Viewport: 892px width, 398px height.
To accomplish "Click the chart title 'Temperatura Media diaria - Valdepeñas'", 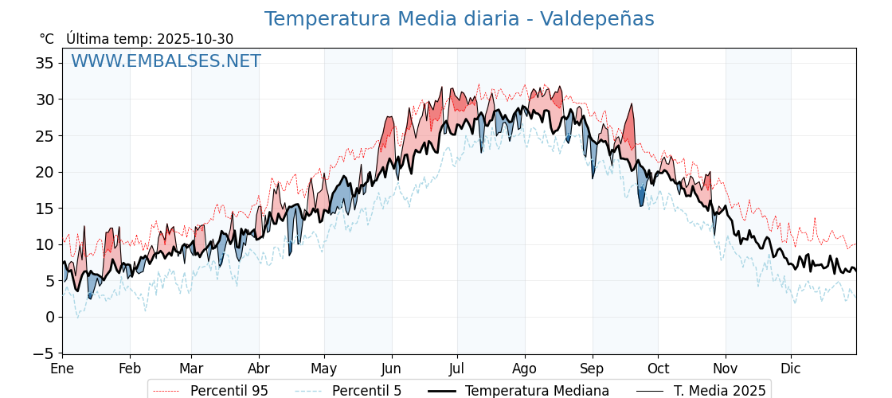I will point(459,19).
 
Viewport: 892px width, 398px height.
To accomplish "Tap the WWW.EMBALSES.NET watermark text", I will point(166,61).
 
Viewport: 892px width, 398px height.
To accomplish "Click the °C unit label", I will point(47,39).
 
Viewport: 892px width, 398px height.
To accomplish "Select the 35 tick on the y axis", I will point(45,63).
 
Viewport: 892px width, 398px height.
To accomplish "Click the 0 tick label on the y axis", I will point(49,317).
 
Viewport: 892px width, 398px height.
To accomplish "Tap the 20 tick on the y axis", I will point(45,172).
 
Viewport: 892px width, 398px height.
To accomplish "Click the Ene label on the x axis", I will point(62,369).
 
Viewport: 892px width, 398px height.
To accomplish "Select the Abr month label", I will point(259,369).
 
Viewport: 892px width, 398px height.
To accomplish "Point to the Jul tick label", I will point(457,369).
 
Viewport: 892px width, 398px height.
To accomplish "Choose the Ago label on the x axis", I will point(525,369).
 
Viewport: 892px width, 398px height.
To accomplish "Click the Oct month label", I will point(658,369).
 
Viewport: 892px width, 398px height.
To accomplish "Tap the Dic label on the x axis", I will point(791,369).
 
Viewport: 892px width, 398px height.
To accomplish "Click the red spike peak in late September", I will point(632,104).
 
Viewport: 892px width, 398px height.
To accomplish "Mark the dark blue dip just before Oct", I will point(641,204).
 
